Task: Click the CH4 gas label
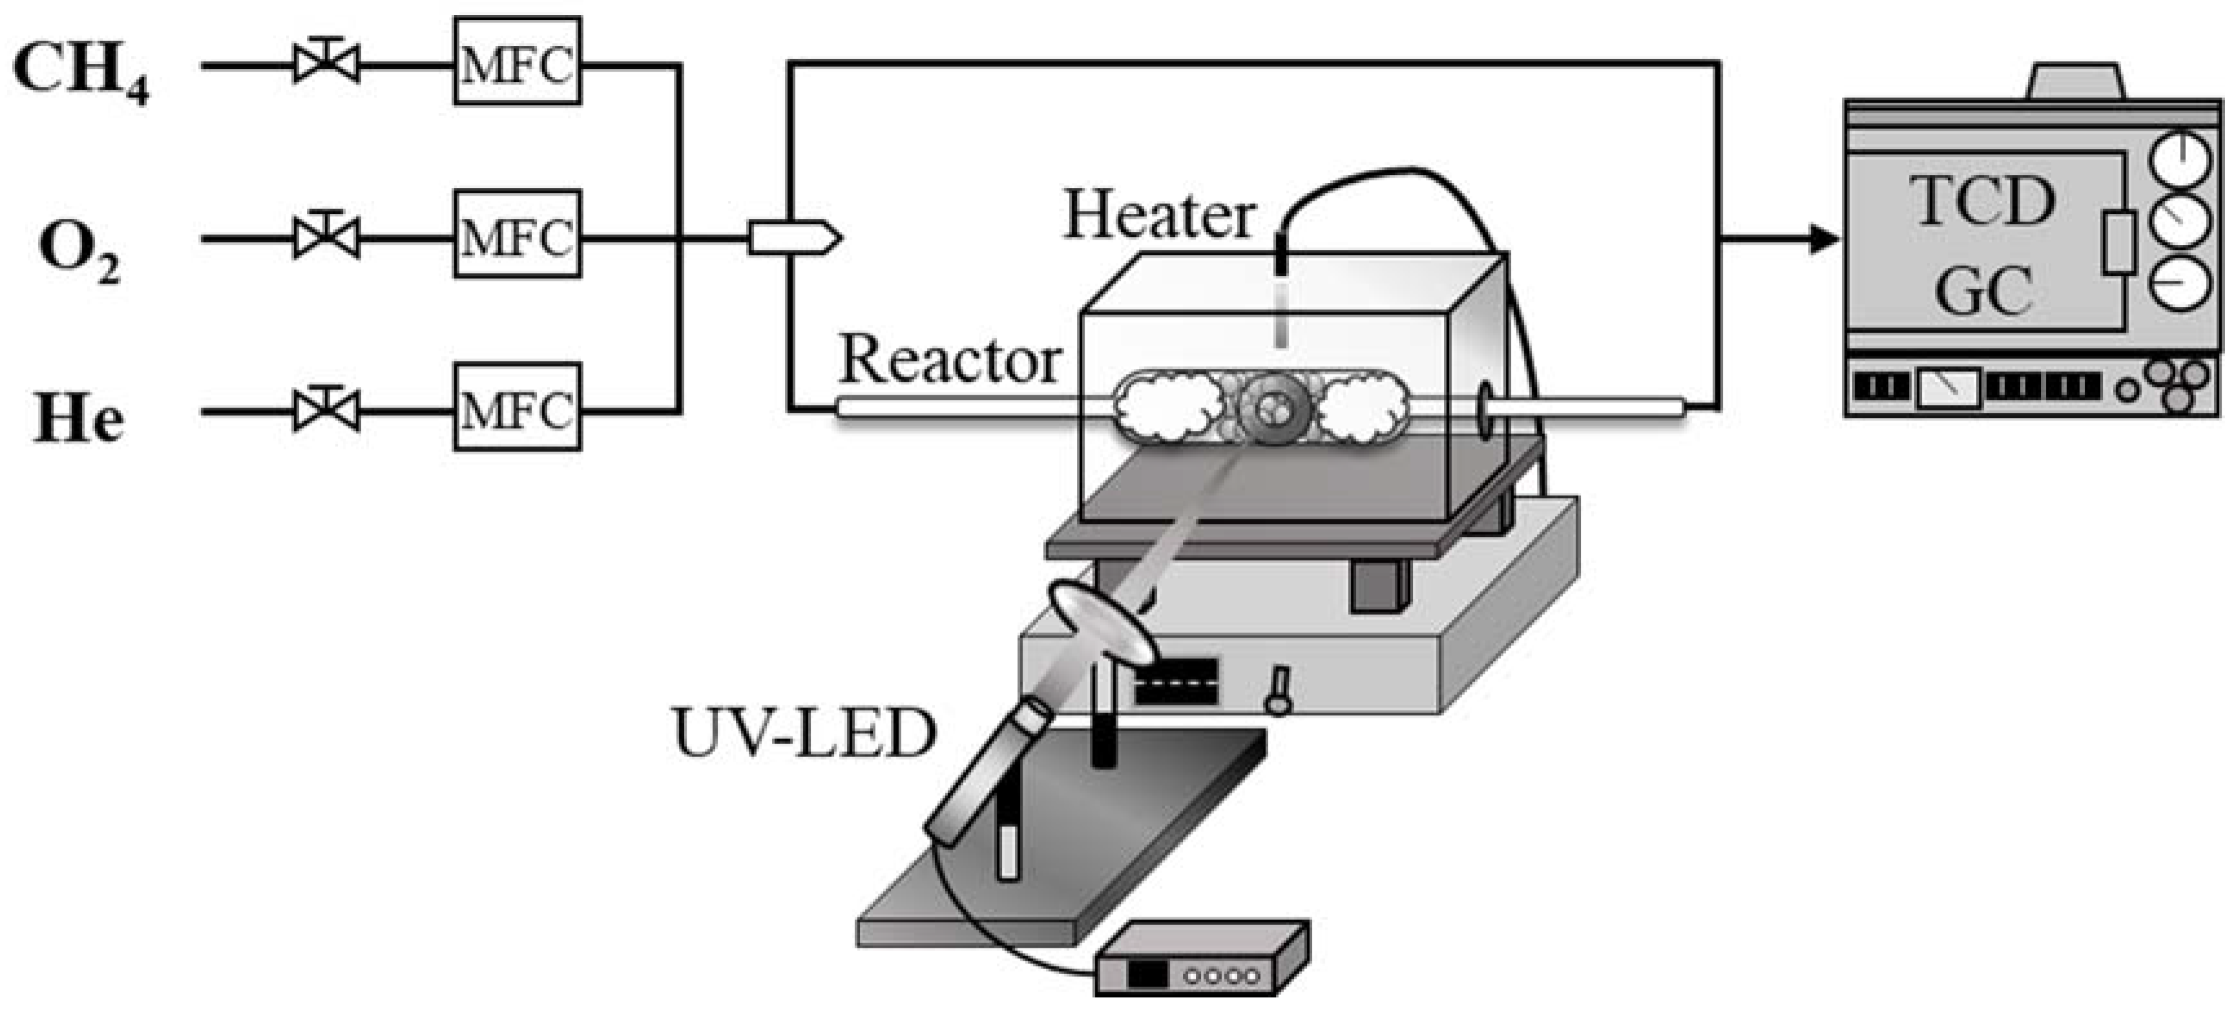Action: point(80,71)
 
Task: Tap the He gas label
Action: point(78,419)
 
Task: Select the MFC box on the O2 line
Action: point(517,235)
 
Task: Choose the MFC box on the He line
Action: point(517,408)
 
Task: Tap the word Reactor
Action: point(950,360)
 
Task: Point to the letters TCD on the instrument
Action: point(1983,201)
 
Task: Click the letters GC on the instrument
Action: point(1983,291)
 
